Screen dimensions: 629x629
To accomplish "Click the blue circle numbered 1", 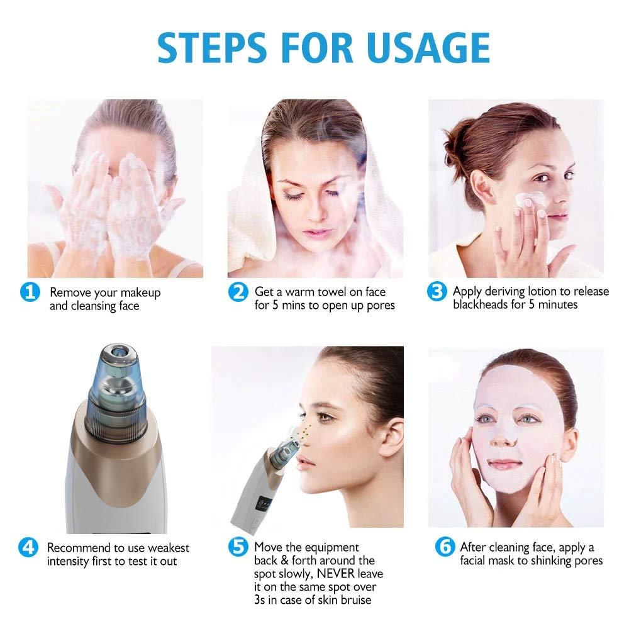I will coord(29,292).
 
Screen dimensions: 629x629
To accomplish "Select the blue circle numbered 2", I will coord(237,292).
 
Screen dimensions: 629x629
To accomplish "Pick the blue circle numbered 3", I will coord(437,292).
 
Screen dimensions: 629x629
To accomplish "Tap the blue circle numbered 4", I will coord(29,547).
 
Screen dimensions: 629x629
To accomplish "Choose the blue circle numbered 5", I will coord(237,547).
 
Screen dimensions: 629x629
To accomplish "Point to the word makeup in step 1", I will coord(140,292).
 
